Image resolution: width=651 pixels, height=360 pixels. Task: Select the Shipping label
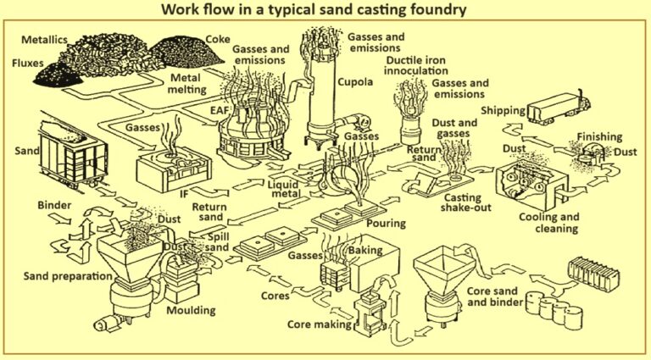(x=506, y=111)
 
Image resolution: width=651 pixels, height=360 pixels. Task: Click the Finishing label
(x=600, y=136)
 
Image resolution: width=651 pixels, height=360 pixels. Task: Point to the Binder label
(x=53, y=205)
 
